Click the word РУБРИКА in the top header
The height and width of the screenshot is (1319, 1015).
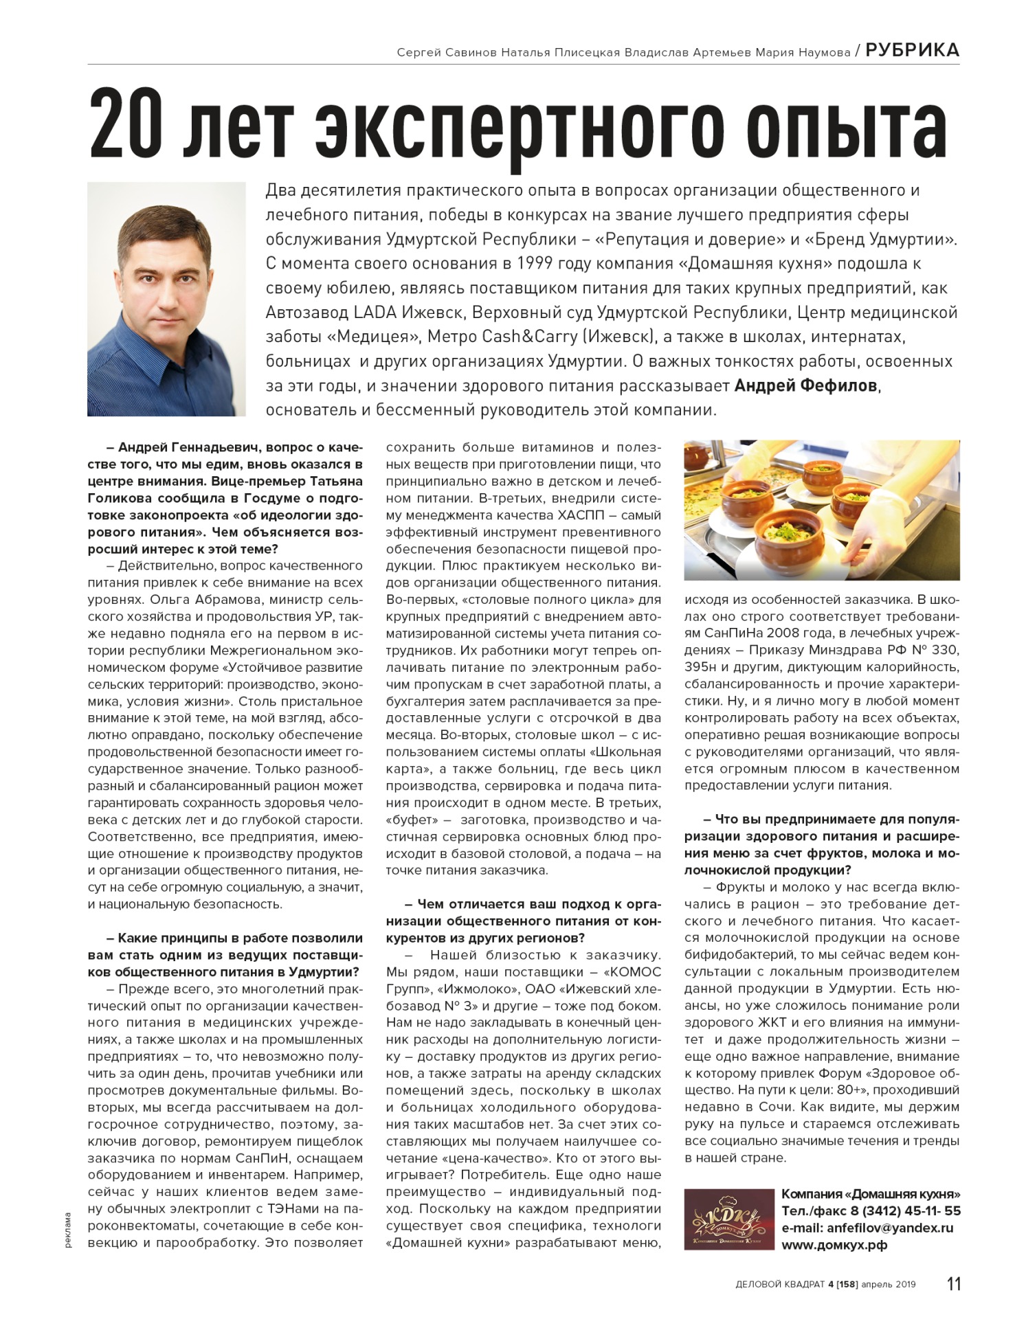pyautogui.click(x=912, y=50)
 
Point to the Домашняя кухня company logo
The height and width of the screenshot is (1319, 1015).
pyautogui.click(x=728, y=1219)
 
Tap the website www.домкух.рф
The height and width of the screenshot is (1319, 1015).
pyautogui.click(x=834, y=1245)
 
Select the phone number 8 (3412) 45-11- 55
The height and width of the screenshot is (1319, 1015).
pyautogui.click(x=906, y=1211)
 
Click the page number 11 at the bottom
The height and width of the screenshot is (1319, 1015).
pyautogui.click(x=953, y=1283)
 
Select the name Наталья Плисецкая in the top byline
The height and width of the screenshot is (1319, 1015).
pyautogui.click(x=560, y=52)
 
